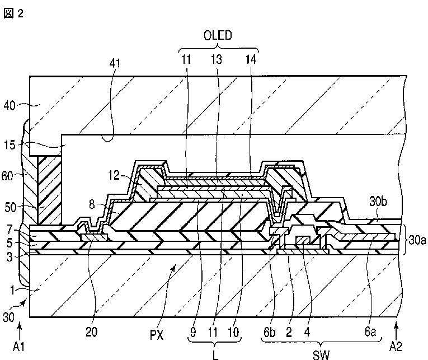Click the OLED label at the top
click(218, 35)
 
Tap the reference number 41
click(115, 63)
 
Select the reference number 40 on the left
click(10, 105)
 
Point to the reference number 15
click(10, 145)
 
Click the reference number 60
click(7, 176)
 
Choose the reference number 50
click(11, 208)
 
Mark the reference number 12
click(114, 175)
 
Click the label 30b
click(378, 202)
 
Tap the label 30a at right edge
click(417, 241)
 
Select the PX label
click(157, 335)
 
